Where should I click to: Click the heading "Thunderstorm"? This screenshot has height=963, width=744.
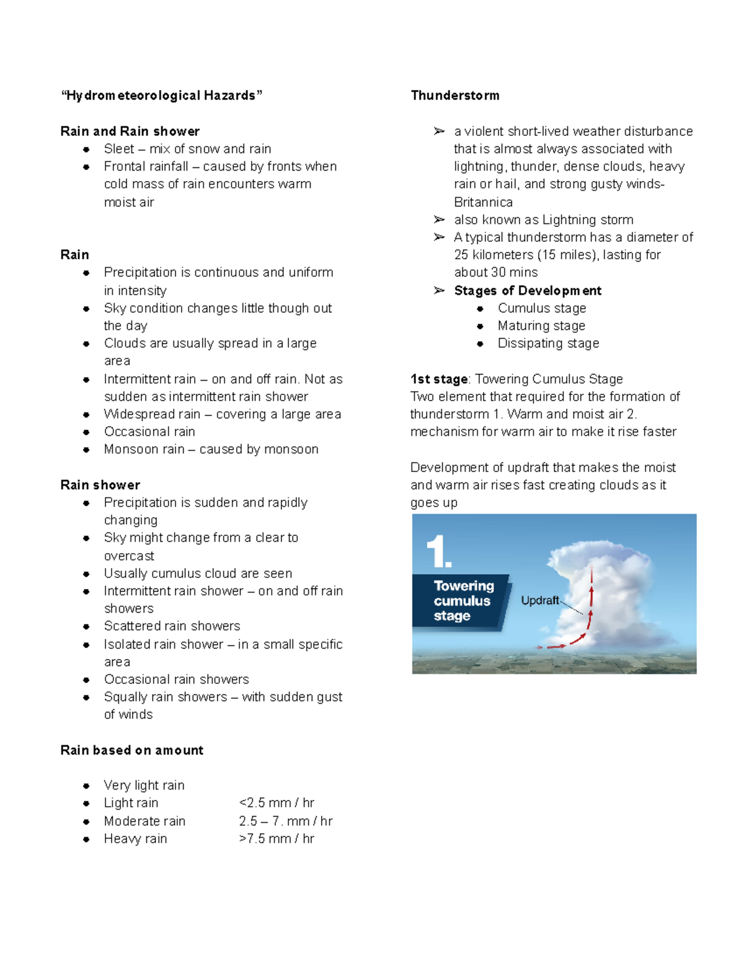(x=454, y=95)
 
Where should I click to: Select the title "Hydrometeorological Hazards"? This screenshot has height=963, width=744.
(x=161, y=95)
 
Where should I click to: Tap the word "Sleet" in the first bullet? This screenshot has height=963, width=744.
(x=118, y=149)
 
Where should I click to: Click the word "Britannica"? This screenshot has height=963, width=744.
(x=483, y=202)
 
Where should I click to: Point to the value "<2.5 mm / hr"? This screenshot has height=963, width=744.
(x=277, y=803)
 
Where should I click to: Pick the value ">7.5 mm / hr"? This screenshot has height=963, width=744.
(x=277, y=839)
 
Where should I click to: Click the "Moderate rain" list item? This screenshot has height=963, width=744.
(x=144, y=821)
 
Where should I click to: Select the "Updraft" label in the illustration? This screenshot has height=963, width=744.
(x=539, y=600)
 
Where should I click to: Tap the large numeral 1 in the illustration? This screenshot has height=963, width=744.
(x=438, y=551)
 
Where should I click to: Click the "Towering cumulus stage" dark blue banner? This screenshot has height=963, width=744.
(x=462, y=601)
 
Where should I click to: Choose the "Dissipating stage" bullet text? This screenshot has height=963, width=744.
(x=548, y=344)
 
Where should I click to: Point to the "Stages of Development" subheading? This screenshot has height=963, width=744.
(x=528, y=291)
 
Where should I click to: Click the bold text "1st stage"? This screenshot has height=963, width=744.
(x=439, y=379)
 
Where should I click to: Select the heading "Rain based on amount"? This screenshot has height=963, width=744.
(x=131, y=750)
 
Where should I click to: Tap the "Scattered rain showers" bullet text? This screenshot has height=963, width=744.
(x=172, y=626)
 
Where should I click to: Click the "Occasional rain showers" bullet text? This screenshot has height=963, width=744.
(x=176, y=680)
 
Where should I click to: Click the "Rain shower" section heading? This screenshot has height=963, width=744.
(x=100, y=485)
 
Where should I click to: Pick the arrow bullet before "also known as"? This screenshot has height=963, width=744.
(x=439, y=220)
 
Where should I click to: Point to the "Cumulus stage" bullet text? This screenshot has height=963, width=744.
(x=541, y=308)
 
